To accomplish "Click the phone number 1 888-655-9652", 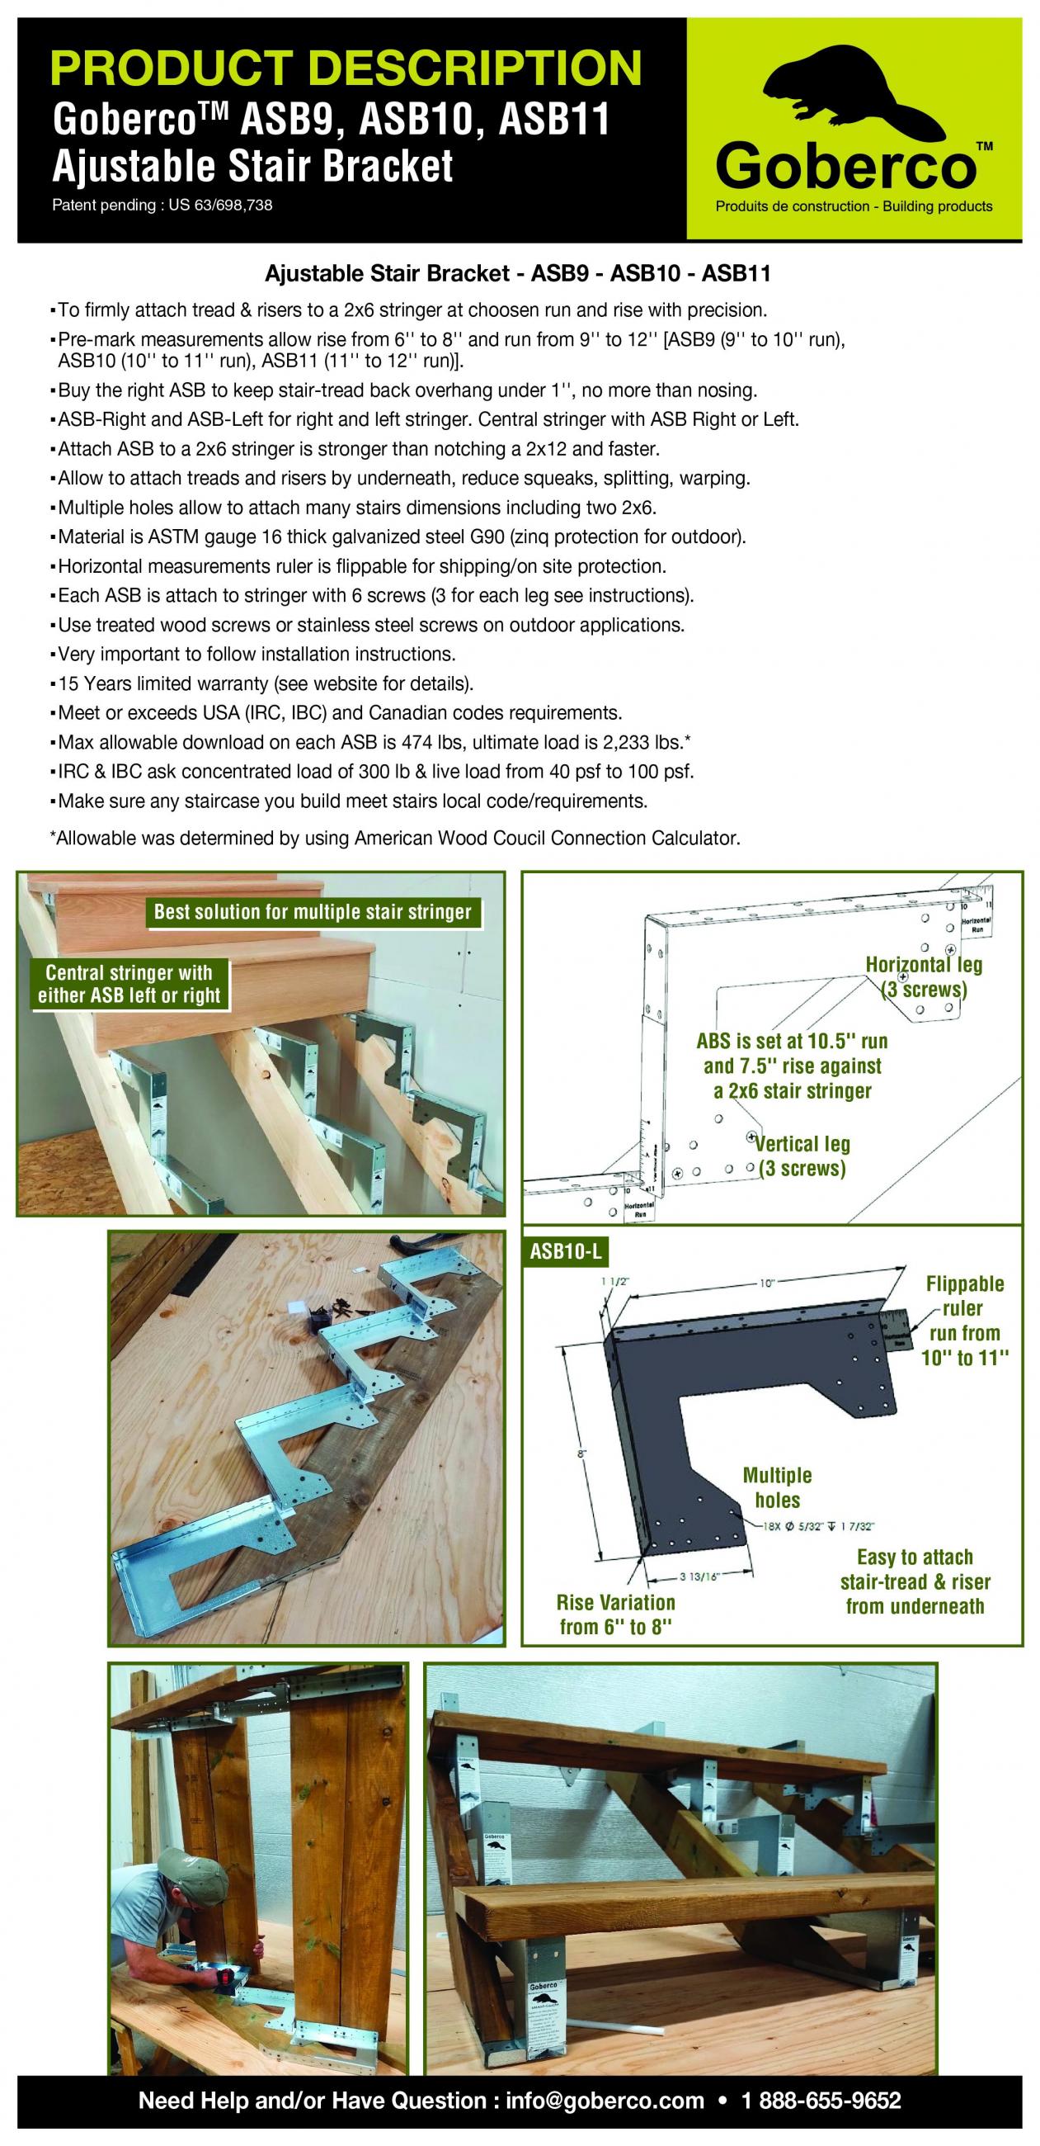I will [821, 2100].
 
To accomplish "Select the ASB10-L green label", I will [566, 1251].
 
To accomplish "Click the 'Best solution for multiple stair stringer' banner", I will [313, 911].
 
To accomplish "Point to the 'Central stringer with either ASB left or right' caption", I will [129, 984].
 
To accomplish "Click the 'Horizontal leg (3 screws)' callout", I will [925, 976].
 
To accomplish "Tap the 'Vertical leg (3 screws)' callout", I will [802, 1156].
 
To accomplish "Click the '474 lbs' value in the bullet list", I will [430, 741].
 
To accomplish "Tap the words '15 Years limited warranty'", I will [162, 684].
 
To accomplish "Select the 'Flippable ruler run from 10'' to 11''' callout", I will [964, 1321].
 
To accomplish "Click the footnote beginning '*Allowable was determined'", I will [395, 838].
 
